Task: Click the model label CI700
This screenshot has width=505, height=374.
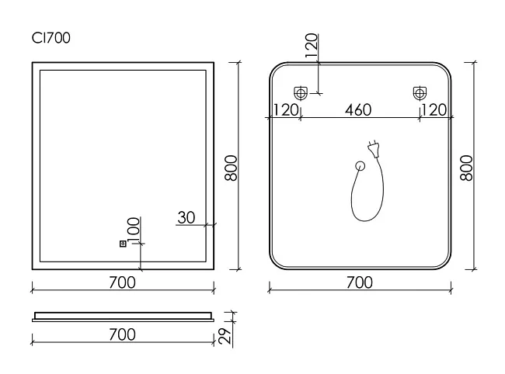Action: (50, 38)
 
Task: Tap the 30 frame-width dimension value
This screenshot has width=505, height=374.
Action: (186, 218)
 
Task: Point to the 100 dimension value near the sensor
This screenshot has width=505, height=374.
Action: (134, 231)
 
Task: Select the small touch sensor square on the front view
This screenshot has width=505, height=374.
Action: (123, 244)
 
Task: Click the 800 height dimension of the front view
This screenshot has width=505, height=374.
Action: (231, 168)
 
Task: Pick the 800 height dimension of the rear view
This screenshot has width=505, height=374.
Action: (467, 168)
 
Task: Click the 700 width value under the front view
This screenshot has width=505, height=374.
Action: (123, 282)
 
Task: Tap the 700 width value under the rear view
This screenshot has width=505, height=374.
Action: (360, 282)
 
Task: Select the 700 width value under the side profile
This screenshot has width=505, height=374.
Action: (123, 334)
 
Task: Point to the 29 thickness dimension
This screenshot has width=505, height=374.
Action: (225, 336)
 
